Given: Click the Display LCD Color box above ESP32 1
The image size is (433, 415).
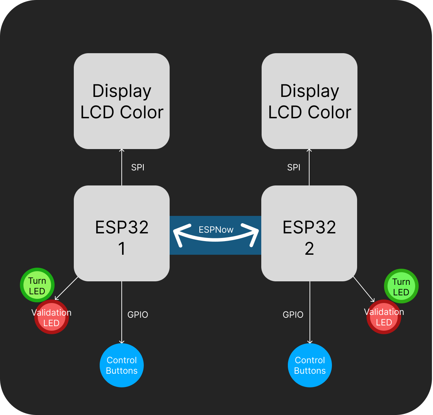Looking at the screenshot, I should click(122, 101).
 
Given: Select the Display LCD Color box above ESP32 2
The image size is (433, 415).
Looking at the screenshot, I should click(310, 101).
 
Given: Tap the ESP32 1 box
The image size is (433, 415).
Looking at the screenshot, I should click(122, 233).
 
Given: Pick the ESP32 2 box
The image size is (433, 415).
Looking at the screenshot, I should click(309, 233).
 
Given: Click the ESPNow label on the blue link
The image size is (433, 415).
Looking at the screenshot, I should click(216, 230).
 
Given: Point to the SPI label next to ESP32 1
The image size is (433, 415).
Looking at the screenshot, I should click(138, 168).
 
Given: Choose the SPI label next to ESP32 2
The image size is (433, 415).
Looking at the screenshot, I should click(294, 168).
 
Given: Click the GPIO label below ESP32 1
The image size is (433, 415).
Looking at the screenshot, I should click(138, 315).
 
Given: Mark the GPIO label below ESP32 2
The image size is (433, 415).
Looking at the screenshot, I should click(293, 315).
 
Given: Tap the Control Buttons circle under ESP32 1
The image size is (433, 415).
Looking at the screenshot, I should click(122, 365).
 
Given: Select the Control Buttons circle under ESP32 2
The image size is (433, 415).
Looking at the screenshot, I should click(310, 365).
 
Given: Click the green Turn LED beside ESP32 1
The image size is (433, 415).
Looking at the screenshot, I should click(37, 285).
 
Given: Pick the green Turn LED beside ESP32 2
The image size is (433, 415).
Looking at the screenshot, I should click(401, 286).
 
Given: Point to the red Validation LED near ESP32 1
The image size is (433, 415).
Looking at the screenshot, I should click(51, 318).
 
